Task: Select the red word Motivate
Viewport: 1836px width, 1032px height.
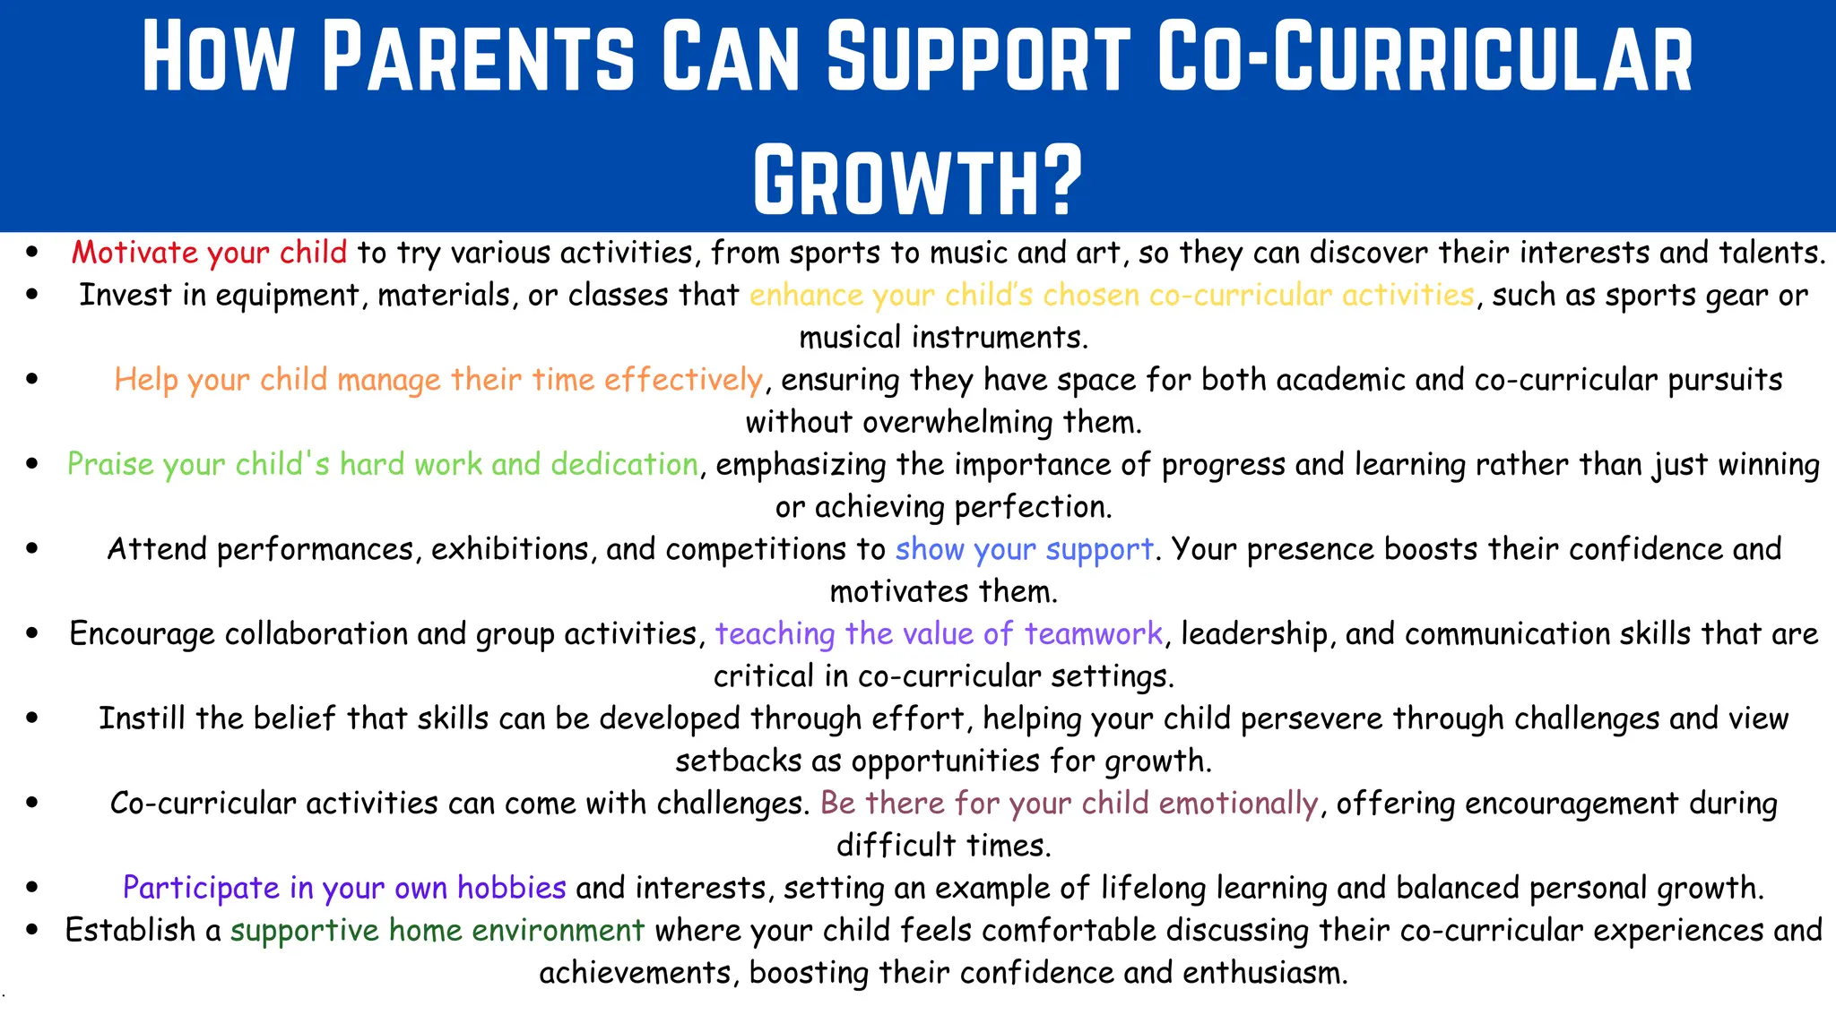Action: coord(134,253)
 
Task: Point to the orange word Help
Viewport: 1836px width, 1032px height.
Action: coord(145,380)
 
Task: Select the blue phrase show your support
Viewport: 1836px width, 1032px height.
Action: coord(1024,549)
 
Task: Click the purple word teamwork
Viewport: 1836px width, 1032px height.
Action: coord(1093,633)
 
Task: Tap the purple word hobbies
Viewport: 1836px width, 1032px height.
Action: coord(511,888)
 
